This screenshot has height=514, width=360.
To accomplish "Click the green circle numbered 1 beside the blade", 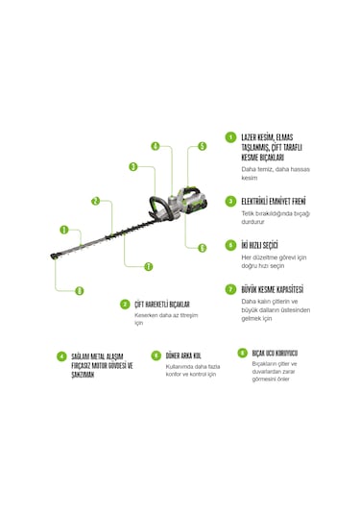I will coord(63,231).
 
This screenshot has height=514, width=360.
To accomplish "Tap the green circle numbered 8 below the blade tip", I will coord(79,290).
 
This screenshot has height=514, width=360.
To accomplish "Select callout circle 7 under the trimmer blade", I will coord(148,265).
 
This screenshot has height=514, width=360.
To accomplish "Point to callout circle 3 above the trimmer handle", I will coord(133,166).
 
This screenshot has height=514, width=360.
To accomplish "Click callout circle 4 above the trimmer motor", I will coord(155,146).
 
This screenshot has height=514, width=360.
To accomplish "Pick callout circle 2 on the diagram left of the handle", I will coord(95,201).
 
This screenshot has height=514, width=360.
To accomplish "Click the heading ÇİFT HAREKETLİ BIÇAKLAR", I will coord(168,304).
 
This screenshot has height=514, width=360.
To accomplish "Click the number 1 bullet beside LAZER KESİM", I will coord(230,137).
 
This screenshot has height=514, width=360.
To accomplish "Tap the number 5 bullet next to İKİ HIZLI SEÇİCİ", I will coord(230,245).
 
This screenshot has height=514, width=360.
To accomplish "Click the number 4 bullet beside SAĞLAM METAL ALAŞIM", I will coord(62,355).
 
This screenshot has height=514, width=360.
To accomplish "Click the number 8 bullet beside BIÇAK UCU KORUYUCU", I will coord(229,352).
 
